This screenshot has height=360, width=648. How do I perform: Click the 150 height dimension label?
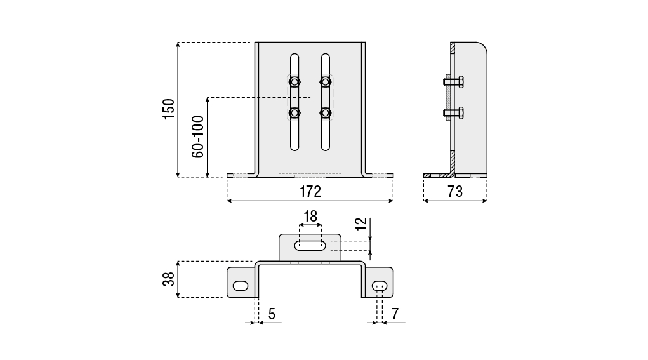coord(169,110)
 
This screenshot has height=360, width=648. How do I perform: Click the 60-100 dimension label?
coord(198,137)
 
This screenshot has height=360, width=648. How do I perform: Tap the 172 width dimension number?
coord(310,191)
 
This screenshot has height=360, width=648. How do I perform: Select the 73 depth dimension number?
coord(455,191)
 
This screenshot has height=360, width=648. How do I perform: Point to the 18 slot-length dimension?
coord(310,217)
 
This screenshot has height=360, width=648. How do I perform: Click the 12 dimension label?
coord(360,223)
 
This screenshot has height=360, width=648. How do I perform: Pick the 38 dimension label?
coord(169,279)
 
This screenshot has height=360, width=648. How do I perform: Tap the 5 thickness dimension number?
coord(272,313)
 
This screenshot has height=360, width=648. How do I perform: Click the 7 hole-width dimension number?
coord(394,313)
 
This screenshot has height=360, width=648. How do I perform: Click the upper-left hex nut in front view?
coord(294,81)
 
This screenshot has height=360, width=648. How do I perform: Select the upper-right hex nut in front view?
coord(326,81)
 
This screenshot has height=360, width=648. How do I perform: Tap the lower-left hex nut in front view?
coord(294,114)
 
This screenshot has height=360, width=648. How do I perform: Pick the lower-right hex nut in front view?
coord(326,114)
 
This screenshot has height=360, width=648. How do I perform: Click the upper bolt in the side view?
coord(454,81)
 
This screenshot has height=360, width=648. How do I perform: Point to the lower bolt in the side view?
coord(454,114)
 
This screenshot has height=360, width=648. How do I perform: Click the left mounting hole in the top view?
coord(241,286)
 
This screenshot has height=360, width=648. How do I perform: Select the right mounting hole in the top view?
coord(380,286)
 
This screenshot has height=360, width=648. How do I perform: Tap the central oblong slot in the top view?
coord(310,245)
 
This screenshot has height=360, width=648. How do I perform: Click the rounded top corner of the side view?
coord(482,48)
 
